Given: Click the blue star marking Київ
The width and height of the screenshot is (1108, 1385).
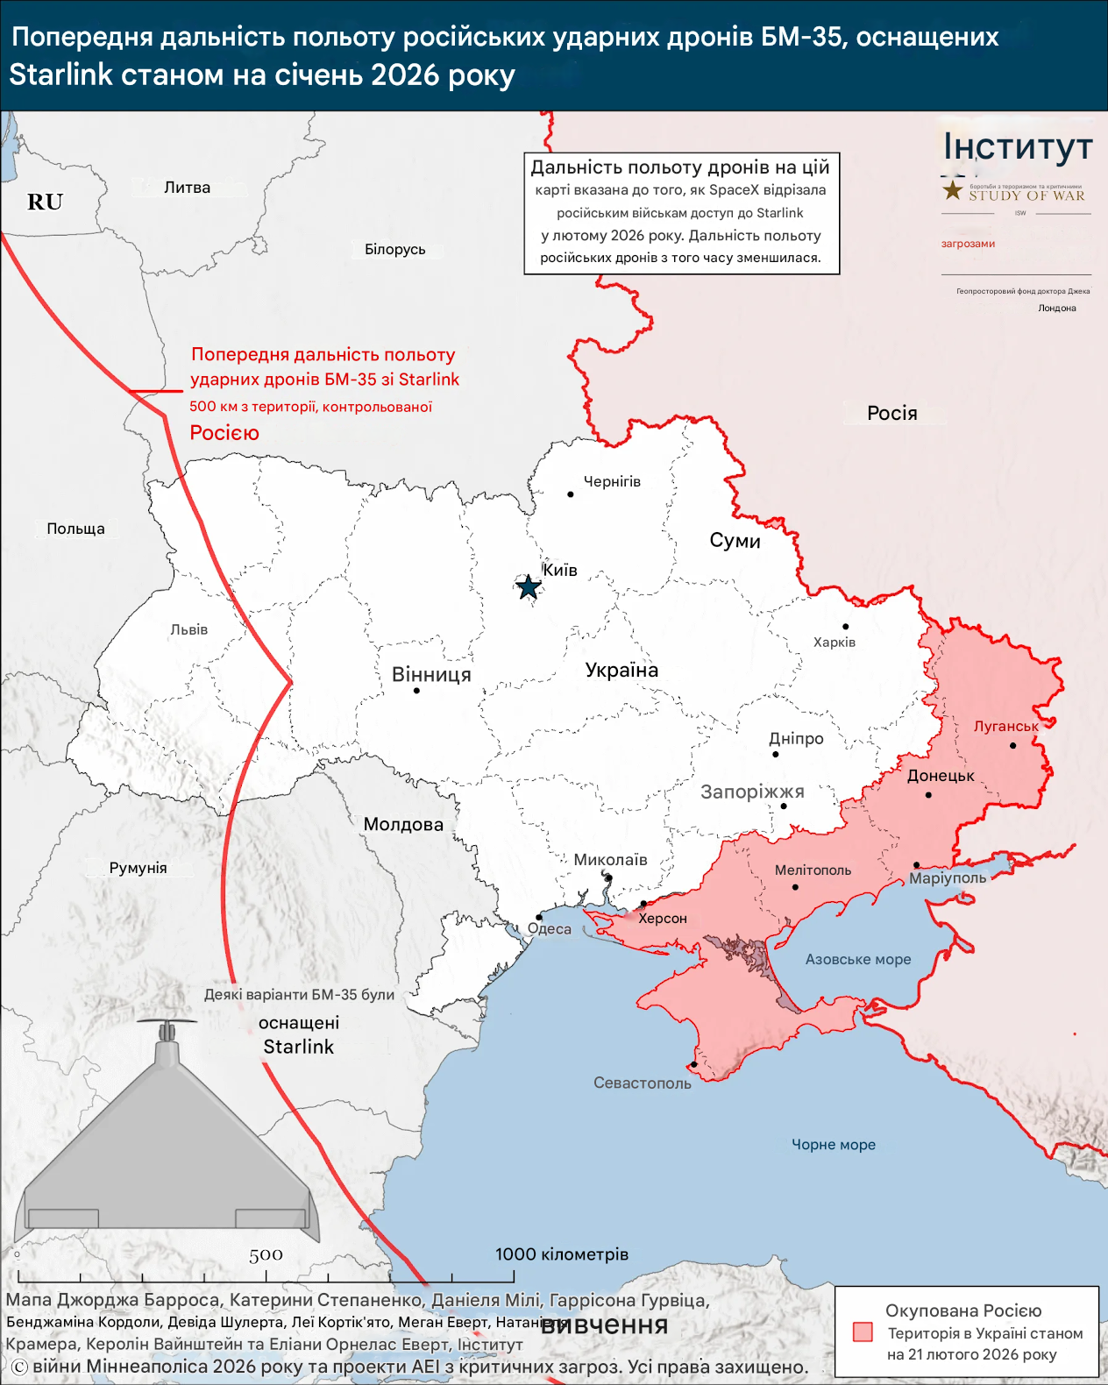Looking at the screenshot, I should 528,587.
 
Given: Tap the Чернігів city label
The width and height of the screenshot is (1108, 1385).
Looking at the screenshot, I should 612,481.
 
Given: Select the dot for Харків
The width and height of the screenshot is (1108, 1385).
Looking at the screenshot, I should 845,626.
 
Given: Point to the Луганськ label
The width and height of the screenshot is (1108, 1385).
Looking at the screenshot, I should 1005,726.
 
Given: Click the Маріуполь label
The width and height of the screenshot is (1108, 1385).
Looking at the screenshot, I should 948,877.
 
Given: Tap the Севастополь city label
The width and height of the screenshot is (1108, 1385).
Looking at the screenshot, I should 642,1083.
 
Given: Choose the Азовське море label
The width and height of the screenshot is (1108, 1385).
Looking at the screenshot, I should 857,959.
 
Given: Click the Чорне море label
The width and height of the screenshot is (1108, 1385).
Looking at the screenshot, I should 833,1144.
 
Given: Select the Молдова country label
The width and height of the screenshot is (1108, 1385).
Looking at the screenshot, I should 403,824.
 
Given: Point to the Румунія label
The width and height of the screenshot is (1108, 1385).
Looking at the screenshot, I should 138,868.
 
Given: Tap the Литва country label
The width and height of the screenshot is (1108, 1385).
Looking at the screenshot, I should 187,188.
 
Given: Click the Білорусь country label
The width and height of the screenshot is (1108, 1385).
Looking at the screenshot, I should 394,249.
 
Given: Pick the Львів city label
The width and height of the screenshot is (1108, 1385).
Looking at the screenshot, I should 188,629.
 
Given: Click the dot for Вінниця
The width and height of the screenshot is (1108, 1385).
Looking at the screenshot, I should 416,691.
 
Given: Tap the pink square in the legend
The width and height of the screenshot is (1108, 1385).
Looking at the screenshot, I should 863,1332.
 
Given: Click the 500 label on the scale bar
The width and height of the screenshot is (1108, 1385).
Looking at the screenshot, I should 265,1255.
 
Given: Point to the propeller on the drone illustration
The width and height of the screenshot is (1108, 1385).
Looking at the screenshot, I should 167,1022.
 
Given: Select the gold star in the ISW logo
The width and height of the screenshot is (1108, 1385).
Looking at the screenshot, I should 953,190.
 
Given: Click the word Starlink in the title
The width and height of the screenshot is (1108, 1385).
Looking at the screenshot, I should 61,75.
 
